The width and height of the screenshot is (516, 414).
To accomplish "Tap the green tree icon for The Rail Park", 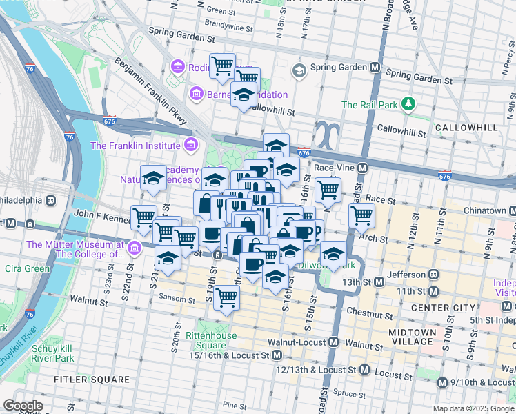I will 410,104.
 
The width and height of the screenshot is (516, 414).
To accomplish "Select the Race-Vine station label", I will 334,167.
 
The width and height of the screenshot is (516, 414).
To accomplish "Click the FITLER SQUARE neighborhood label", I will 94,379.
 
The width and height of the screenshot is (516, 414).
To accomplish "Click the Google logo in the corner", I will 23,406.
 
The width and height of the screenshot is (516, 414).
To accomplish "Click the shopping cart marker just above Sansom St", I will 226,298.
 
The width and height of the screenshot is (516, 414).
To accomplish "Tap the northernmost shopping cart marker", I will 222,66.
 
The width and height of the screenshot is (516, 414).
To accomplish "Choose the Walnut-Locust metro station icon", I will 334,342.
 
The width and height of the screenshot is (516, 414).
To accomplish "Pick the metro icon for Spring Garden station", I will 375,68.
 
